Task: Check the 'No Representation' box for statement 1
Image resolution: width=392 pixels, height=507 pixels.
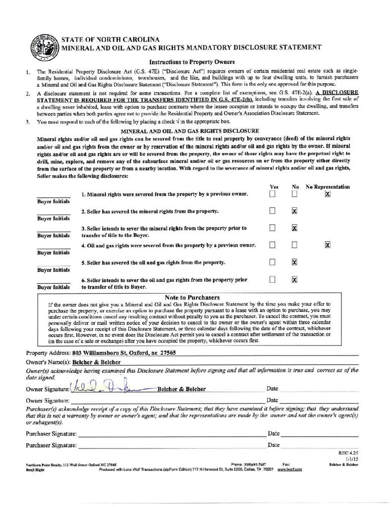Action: click(x=327, y=194)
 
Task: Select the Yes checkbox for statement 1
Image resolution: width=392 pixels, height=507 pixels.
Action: click(x=272, y=194)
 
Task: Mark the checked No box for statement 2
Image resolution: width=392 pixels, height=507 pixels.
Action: click(x=294, y=211)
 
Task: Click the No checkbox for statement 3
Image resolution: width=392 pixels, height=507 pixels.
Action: click(x=294, y=228)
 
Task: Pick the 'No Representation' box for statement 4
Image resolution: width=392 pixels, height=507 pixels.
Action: click(x=327, y=245)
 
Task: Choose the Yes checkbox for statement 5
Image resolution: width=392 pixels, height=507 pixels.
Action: click(x=272, y=262)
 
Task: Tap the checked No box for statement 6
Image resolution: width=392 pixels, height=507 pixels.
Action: click(x=294, y=279)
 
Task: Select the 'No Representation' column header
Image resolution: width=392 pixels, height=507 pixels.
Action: click(x=328, y=187)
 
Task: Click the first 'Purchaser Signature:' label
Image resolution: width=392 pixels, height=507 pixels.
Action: click(x=51, y=434)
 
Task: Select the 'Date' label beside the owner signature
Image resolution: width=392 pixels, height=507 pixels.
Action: click(x=272, y=389)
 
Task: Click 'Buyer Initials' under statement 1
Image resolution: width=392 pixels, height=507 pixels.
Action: click(x=54, y=202)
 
